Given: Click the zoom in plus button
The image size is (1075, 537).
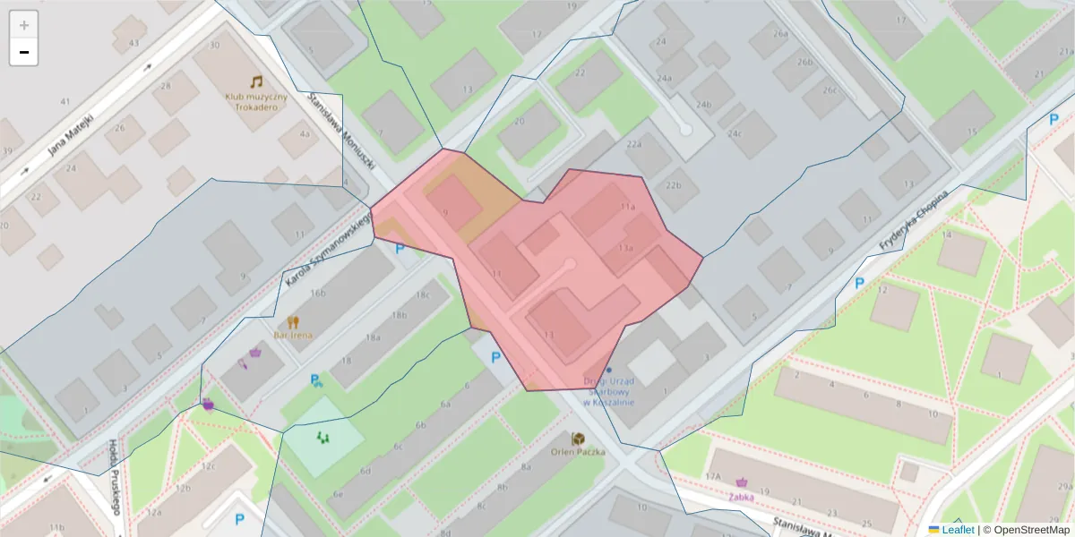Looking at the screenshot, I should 24,25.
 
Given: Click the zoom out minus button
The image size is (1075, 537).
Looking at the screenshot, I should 24,53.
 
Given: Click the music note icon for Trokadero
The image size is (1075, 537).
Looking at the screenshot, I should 256,81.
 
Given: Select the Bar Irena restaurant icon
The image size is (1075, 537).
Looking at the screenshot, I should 293,321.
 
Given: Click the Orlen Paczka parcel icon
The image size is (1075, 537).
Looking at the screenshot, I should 580,439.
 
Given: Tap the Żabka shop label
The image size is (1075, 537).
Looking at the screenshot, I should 740,497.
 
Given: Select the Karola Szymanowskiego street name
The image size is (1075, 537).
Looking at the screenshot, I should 328,250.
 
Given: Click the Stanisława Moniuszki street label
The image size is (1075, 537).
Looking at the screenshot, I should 340,135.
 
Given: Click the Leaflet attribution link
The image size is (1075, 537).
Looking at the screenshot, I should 958,530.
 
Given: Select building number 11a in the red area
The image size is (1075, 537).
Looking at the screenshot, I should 627,206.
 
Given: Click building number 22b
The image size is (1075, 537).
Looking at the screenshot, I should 674,185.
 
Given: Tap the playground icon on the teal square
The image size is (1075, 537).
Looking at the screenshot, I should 322,438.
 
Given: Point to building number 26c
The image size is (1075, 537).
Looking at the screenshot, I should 830,90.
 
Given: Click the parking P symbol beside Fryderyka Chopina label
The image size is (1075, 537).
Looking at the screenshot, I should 858,283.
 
